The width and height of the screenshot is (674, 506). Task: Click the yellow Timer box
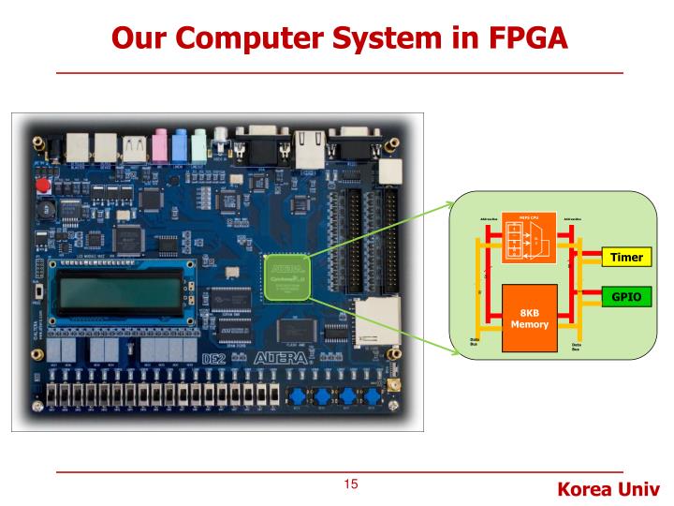point(626,257)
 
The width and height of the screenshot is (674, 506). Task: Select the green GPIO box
point(626,295)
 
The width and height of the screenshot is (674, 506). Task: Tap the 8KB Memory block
point(529,318)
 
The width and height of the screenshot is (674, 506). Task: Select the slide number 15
point(351,484)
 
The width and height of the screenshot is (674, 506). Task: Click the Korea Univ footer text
point(608,489)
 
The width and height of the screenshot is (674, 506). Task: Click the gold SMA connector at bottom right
point(394,384)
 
